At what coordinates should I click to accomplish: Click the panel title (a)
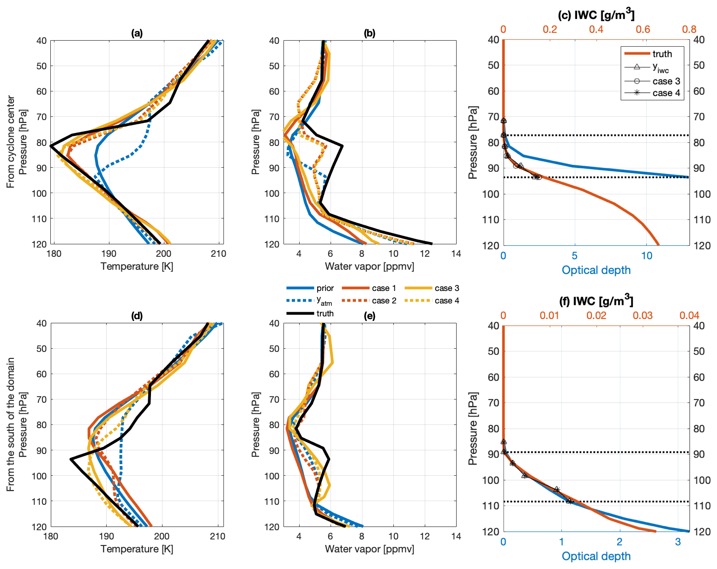tap(137, 33)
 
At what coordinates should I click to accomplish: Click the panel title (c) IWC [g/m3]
tap(596, 15)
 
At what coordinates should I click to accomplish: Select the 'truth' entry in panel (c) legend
tap(662, 54)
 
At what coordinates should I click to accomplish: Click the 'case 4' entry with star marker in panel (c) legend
tap(666, 93)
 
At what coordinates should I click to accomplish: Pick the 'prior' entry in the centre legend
tap(325, 288)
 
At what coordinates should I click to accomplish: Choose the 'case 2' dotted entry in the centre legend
tap(384, 301)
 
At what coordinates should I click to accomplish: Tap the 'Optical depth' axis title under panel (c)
tap(596, 270)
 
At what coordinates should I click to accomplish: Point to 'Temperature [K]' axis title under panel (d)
tap(137, 549)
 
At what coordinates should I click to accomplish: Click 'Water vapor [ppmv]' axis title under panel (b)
tap(369, 266)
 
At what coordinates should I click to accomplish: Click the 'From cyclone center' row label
tap(11, 142)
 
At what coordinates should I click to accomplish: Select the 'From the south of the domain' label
tap(11, 424)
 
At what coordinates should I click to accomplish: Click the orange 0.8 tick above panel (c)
tap(689, 30)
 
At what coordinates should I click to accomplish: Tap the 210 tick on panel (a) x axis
tap(218, 254)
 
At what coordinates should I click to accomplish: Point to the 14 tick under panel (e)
tap(456, 536)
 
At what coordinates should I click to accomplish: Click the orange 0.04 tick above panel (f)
tap(689, 315)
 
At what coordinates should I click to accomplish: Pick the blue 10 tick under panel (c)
tap(647, 255)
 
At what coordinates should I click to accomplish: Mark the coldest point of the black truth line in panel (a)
tap(51, 146)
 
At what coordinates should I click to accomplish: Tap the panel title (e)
tap(369, 316)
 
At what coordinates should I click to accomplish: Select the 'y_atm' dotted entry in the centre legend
tap(325, 301)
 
